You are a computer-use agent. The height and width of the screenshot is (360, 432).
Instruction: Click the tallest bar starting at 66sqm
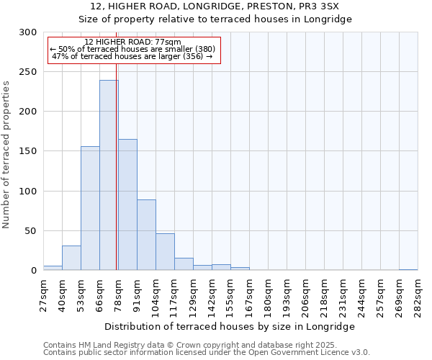[x=109, y=175]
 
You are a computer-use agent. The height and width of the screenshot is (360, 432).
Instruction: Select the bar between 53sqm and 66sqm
[x=90, y=208]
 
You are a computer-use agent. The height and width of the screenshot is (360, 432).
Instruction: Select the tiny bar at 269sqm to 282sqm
[x=408, y=269]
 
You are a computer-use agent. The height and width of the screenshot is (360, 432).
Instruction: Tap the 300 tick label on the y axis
[x=28, y=32]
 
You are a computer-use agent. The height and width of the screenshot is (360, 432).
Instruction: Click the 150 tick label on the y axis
[x=28, y=151]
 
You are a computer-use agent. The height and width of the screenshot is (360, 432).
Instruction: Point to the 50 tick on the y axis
[x=31, y=231]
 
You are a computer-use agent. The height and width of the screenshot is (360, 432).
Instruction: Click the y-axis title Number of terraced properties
[x=6, y=154]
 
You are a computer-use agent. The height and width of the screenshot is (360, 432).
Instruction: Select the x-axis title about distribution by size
[x=230, y=326]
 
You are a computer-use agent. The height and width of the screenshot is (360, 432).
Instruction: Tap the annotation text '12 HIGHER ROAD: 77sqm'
[x=132, y=42]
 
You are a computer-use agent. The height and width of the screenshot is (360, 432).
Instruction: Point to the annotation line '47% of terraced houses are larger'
[x=132, y=56]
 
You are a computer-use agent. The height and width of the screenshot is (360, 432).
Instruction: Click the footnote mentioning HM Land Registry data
[x=206, y=345]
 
